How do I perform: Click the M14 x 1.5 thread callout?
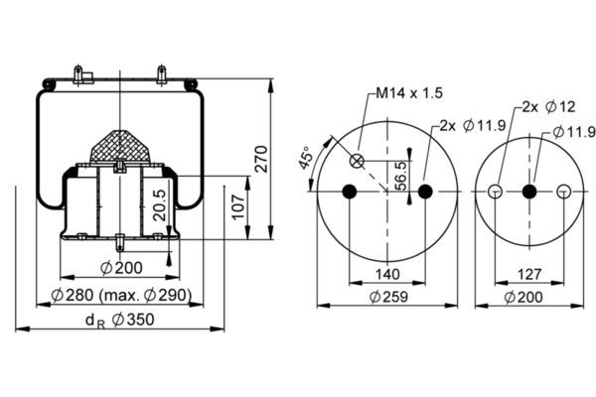click(x=409, y=92)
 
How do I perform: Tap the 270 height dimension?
click(x=261, y=159)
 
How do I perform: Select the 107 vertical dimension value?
click(x=238, y=206)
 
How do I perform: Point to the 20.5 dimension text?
click(x=160, y=205)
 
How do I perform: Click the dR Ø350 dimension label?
click(x=120, y=320)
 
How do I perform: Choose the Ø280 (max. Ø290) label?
click(x=121, y=295)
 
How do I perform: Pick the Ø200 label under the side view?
click(x=121, y=268)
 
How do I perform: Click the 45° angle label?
click(x=305, y=157)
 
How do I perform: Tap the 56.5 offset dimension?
click(x=401, y=176)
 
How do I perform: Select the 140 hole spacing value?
click(x=387, y=274)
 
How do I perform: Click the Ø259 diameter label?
click(x=388, y=297)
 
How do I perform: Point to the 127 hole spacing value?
click(x=529, y=274)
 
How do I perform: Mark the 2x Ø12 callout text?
click(x=548, y=107)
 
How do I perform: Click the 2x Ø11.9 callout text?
click(x=473, y=125)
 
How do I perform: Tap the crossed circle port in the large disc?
click(x=357, y=161)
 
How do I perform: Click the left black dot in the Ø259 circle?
click(x=350, y=192)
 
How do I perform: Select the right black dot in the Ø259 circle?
click(x=425, y=192)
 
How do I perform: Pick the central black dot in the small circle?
click(x=529, y=192)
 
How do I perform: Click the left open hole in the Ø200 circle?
click(x=495, y=192)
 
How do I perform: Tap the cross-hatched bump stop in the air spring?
click(x=120, y=148)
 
